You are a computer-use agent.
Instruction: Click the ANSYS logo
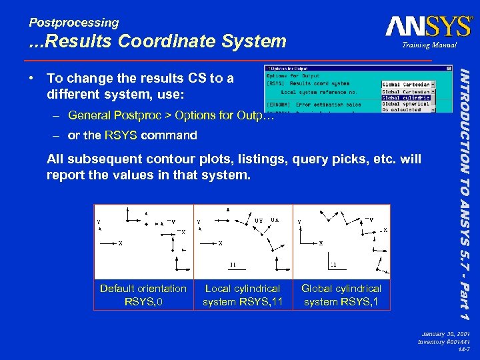click(428, 27)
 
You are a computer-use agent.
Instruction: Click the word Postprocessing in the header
click(74, 23)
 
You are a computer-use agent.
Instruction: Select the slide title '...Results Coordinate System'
click(157, 42)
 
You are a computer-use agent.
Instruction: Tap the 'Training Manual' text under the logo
click(429, 45)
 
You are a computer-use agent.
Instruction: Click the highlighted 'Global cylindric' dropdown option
click(406, 98)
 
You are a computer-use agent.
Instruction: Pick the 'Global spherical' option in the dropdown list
click(406, 104)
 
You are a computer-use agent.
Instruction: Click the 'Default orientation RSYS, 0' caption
click(143, 295)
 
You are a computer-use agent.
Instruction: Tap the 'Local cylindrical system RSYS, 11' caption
click(243, 295)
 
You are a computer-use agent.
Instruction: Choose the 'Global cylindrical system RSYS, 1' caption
click(341, 295)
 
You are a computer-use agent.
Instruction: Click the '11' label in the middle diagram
click(233, 264)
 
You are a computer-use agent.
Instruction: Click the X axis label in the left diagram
click(120, 243)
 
